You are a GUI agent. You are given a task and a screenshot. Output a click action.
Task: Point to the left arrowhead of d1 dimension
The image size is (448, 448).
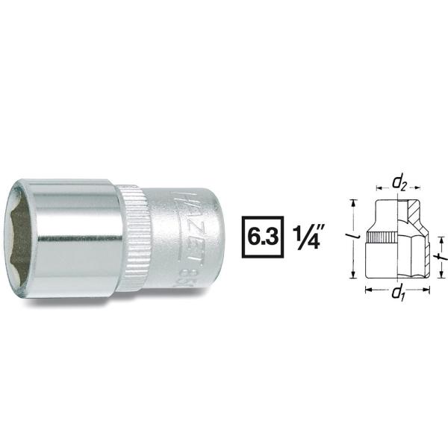(x=367, y=287)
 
